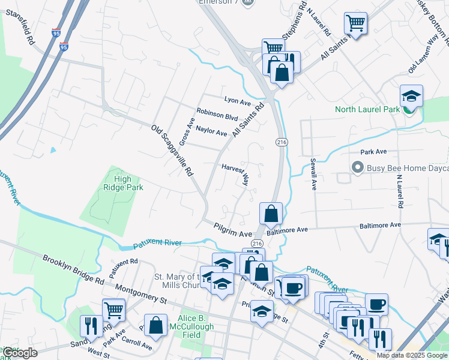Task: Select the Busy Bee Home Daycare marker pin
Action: point(358,167)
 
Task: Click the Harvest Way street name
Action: point(235,173)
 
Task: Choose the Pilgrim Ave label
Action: point(233,229)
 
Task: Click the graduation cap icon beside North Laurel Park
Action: point(411,95)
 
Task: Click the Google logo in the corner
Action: point(20,353)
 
